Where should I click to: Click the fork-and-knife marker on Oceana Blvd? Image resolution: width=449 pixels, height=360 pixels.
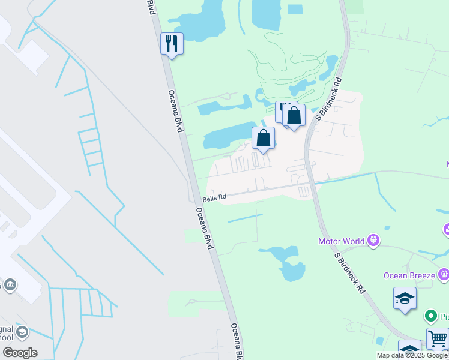[172, 43]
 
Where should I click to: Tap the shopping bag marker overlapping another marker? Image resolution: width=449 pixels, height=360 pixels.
[294, 115]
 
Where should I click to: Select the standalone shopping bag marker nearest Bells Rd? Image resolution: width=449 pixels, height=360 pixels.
[263, 138]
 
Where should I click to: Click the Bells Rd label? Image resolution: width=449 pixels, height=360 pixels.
[214, 197]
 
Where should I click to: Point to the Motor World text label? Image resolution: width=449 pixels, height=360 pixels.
[342, 241]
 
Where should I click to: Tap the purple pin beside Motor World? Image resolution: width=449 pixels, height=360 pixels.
[373, 241]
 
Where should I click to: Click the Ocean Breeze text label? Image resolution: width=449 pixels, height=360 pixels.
[410, 275]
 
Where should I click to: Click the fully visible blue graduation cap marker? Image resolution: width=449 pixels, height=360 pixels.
[405, 298]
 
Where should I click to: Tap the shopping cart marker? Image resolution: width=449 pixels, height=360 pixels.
[438, 338]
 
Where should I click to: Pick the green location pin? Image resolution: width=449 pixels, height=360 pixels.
[430, 316]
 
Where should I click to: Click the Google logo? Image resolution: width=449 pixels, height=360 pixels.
[20, 353]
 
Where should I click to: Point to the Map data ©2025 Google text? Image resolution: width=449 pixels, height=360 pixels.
[412, 355]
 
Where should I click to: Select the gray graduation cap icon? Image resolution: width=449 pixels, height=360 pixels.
[22, 332]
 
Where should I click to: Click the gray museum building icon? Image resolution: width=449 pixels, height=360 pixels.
[10, 284]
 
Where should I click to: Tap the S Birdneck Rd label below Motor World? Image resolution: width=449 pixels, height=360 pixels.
[350, 272]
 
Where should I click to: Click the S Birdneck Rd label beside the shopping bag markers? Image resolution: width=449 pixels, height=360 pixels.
[330, 98]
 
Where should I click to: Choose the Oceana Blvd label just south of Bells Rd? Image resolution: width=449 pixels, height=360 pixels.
[205, 229]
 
